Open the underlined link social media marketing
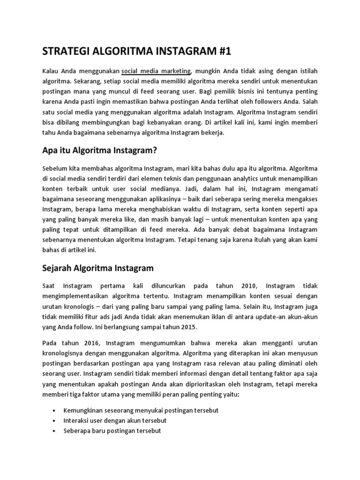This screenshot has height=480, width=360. click(156, 71)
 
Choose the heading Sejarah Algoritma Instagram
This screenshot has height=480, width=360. click(98, 268)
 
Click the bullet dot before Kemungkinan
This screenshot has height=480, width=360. click(56, 411)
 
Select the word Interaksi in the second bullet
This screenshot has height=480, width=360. click(77, 420)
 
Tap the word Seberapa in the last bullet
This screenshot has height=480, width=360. click(77, 431)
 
